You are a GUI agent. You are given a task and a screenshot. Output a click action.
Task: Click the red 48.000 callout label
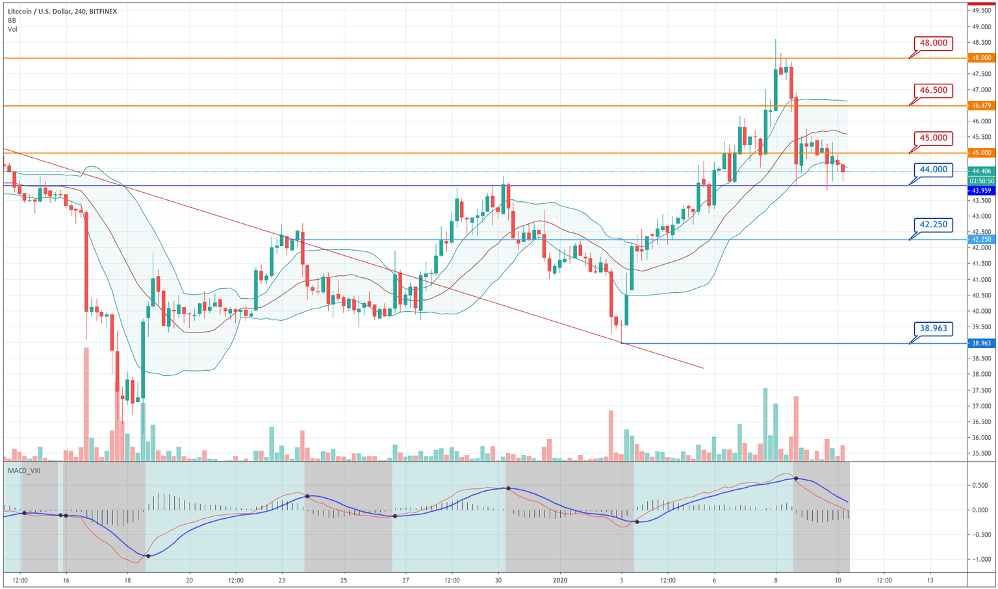click(x=933, y=44)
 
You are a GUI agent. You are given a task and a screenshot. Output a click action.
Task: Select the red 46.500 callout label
click(x=933, y=90)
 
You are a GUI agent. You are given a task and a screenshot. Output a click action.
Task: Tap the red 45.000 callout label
click(x=933, y=138)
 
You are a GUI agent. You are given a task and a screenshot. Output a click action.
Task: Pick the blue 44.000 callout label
click(x=933, y=169)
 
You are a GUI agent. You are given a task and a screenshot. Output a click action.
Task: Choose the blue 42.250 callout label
click(x=933, y=225)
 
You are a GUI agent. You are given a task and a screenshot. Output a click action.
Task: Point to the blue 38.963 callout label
click(x=933, y=329)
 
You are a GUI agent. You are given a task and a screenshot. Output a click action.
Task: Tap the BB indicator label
click(x=12, y=20)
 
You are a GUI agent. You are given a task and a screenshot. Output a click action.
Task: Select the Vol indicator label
click(x=12, y=29)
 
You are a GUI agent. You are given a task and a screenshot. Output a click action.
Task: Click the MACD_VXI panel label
click(x=24, y=470)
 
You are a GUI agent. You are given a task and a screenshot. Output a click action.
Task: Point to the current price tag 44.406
click(x=981, y=171)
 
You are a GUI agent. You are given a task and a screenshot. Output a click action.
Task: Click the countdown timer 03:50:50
click(x=981, y=181)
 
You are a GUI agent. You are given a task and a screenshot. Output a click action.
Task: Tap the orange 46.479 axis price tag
click(x=981, y=105)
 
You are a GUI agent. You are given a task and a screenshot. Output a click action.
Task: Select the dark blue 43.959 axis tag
click(x=981, y=190)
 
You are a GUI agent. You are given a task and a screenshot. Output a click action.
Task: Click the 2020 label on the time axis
click(x=560, y=580)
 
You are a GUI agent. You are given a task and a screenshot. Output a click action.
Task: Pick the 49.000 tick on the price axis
click(x=981, y=27)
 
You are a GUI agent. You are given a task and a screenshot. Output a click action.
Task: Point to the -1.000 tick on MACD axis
click(x=979, y=559)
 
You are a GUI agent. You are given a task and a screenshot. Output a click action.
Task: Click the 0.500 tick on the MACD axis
click(x=980, y=485)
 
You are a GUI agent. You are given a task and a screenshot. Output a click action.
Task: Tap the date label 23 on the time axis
click(x=281, y=580)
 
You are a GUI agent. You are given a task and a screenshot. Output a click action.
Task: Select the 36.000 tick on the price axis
click(x=981, y=438)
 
